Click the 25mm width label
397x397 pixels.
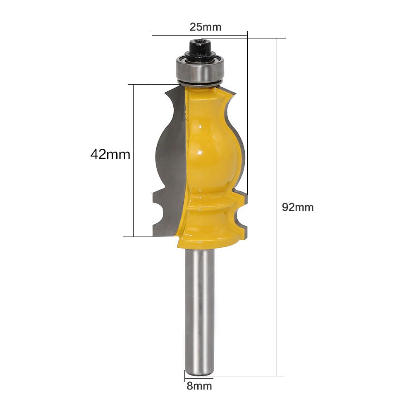pos(206,27)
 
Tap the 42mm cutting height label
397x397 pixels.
pos(110,155)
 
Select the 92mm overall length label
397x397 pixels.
pos(298,207)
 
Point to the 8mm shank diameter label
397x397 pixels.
pos(199,386)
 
